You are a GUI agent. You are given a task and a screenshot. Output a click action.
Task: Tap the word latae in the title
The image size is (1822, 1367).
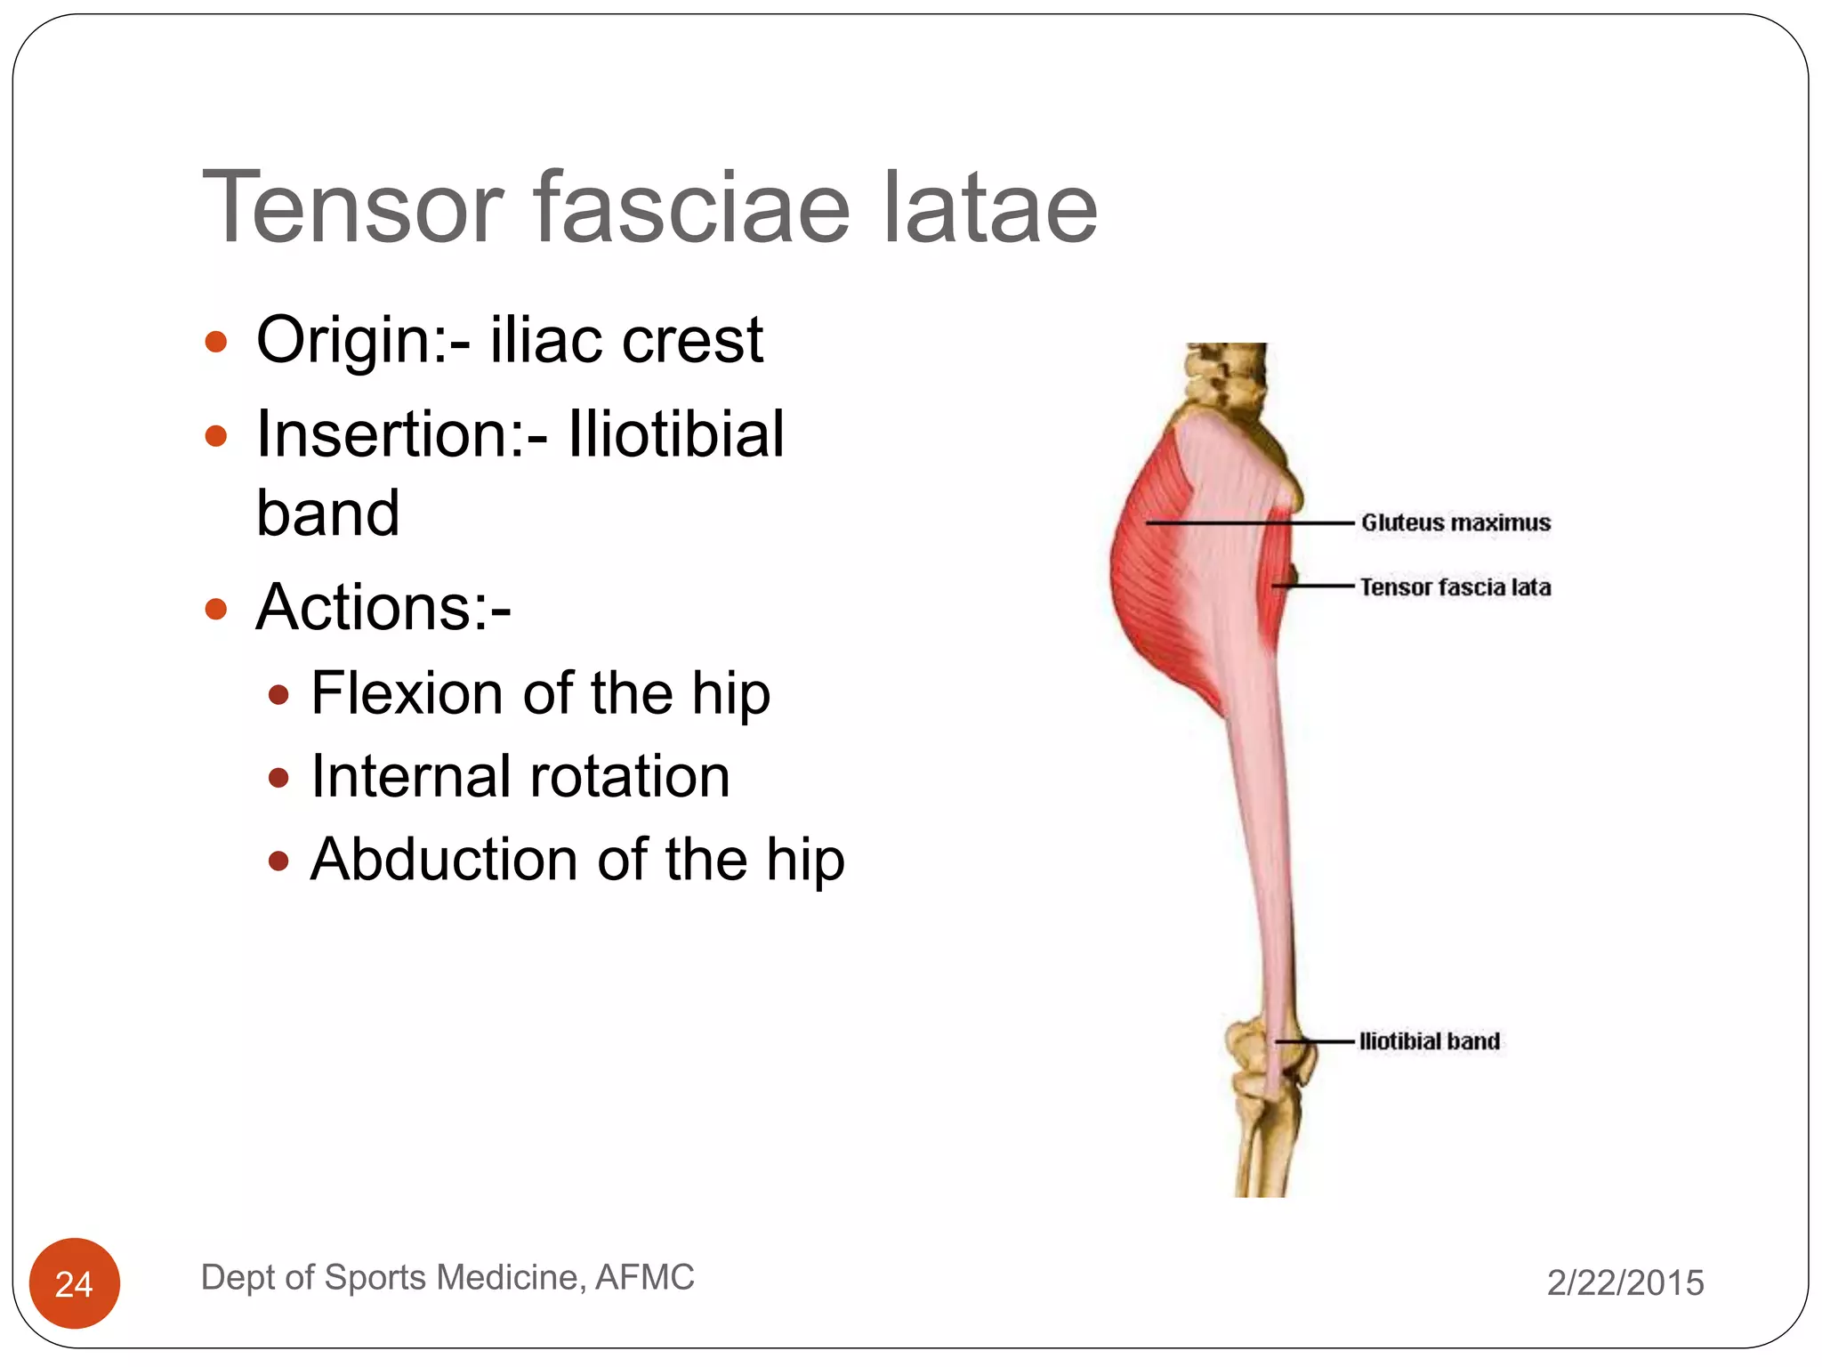[990, 207]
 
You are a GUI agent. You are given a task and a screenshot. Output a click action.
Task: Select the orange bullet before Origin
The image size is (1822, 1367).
[216, 342]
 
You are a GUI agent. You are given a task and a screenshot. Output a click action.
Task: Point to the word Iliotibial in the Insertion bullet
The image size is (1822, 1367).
[676, 434]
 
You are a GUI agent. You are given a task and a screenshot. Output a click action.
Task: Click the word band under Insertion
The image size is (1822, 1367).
[327, 514]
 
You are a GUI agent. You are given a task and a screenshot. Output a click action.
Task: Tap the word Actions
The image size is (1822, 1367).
[383, 607]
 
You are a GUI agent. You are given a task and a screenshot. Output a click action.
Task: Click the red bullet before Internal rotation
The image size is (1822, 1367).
[278, 779]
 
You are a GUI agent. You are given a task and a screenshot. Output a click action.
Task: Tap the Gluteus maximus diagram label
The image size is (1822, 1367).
[1455, 522]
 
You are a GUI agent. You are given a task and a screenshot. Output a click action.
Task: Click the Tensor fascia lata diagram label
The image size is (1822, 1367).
[1455, 587]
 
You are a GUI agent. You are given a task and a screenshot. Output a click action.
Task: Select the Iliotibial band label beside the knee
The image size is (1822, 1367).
[1429, 1041]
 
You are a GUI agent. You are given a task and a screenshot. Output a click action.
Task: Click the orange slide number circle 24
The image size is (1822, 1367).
[75, 1282]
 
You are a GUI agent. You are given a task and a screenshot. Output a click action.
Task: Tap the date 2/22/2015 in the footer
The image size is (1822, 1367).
[1625, 1282]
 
